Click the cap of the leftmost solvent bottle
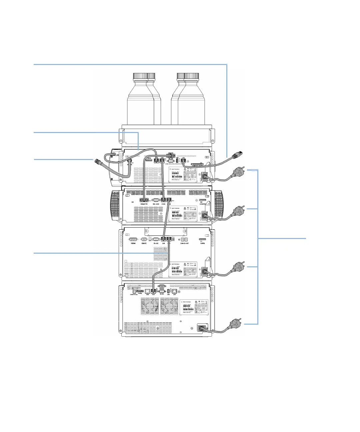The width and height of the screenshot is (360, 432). click(140, 77)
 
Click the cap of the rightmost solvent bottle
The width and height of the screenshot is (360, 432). click(191, 77)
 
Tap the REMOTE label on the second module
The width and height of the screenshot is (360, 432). click(144, 204)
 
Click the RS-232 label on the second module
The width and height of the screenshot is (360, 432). click(156, 204)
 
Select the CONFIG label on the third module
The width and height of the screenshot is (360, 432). click(202, 243)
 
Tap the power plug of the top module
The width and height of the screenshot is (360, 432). click(237, 172)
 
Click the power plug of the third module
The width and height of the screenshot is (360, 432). click(238, 267)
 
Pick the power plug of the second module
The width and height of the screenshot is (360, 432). click(237, 211)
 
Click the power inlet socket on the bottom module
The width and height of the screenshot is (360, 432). click(202, 328)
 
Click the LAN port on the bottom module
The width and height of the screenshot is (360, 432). click(174, 291)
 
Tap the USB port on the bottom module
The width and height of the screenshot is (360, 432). click(168, 291)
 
